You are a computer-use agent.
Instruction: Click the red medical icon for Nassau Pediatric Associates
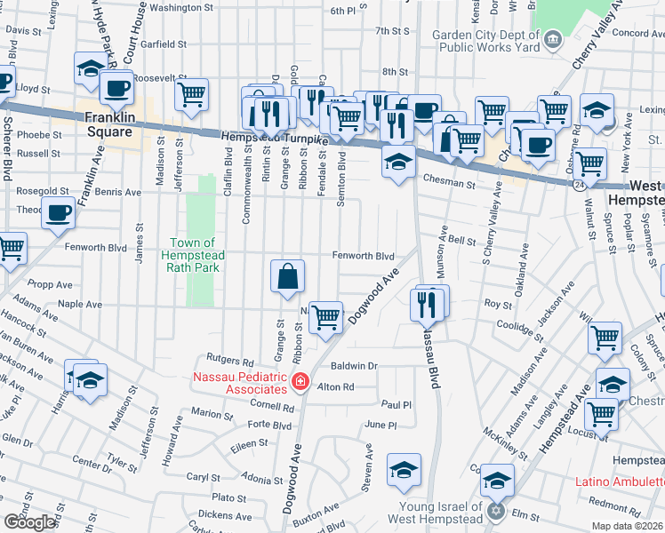(300, 381)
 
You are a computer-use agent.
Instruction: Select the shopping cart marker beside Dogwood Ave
(325, 316)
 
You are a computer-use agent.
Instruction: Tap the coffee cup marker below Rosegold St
(59, 213)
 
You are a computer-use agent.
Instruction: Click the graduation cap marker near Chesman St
(398, 162)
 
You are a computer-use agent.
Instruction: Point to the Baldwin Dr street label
(354, 365)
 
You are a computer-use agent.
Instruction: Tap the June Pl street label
(381, 426)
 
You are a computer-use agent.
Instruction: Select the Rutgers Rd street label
(229, 361)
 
